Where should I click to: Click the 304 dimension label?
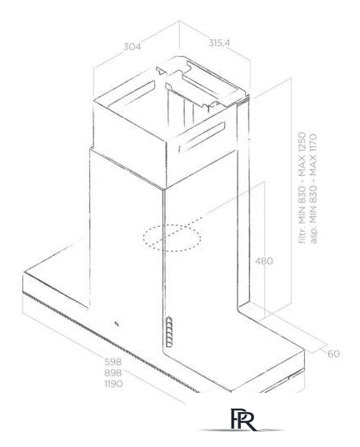tap(132, 47)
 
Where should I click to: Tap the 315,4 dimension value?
tap(219, 43)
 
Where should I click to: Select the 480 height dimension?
tap(263, 261)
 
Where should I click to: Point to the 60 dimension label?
tap(333, 354)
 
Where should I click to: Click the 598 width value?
tap(113, 362)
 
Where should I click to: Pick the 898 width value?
tap(113, 373)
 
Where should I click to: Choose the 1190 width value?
tap(113, 384)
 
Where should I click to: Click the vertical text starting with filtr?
tap(302, 188)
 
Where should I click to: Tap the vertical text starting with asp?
tap(313, 188)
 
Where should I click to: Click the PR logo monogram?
tap(242, 419)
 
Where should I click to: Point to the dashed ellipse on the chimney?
tap(172, 238)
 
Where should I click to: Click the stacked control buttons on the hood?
tap(169, 332)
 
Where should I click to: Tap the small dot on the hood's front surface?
tap(117, 324)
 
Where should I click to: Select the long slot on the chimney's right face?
tap(202, 137)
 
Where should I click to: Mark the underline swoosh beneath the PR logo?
tap(242, 430)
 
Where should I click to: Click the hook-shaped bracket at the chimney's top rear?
tap(161, 71)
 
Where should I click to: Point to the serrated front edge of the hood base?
tap(111, 342)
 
